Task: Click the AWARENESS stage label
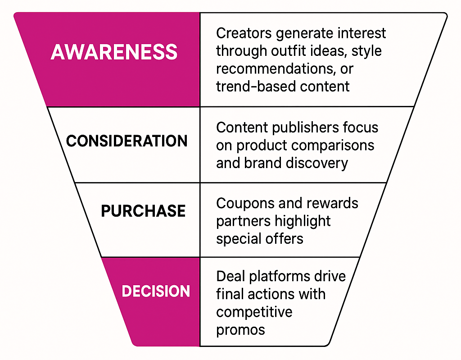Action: (x=114, y=52)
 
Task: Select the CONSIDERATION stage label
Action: (x=127, y=141)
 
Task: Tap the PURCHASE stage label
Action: (x=143, y=211)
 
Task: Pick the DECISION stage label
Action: (x=156, y=291)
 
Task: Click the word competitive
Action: (x=254, y=311)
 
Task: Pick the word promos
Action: (x=240, y=329)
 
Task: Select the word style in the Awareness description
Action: (x=366, y=50)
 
